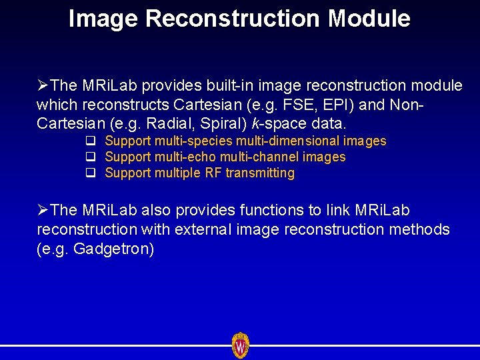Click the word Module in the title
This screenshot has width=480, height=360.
[x=369, y=19]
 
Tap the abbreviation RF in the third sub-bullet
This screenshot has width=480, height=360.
[x=213, y=173]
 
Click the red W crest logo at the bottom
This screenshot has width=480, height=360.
[x=240, y=345]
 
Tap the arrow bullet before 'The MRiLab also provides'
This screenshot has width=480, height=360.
[x=43, y=211]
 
